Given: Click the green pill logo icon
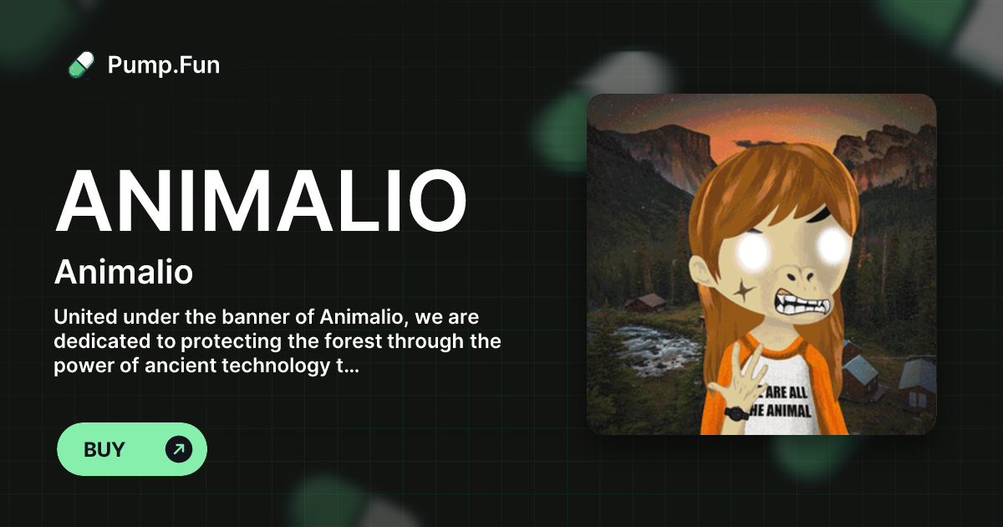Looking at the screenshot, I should [x=81, y=64].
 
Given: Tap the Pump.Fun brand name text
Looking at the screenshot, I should [x=164, y=64].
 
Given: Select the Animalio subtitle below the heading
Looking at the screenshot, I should [x=124, y=272].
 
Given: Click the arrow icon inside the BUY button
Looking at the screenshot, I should [x=178, y=449].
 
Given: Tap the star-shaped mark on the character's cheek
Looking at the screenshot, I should [x=741, y=289].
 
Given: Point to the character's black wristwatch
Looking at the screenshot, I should [x=736, y=412].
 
